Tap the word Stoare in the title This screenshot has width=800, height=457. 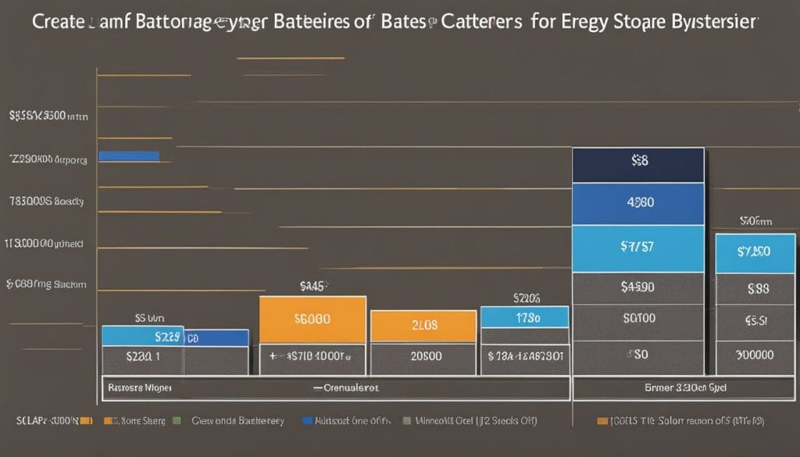[626, 22]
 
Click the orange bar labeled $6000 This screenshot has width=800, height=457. [312, 320]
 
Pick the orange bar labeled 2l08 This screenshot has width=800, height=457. [423, 326]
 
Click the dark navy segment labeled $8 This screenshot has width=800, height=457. [638, 165]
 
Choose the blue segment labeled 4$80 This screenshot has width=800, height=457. [638, 203]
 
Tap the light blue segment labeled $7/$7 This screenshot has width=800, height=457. [638, 248]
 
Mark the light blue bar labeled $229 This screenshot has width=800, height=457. [142, 336]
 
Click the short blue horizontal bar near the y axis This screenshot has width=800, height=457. [129, 156]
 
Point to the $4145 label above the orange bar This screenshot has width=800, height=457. [312, 287]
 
